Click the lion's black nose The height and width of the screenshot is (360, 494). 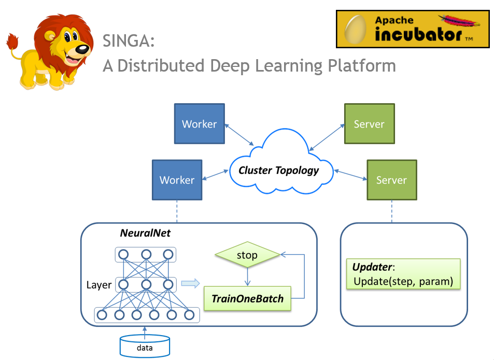pos(83,49)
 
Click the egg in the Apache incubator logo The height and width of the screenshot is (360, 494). pos(356,30)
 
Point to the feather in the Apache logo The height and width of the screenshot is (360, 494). pos(459,21)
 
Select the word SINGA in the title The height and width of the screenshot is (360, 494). pos(129,40)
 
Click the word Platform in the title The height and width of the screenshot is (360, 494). pos(362,66)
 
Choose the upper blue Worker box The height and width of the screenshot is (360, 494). pos(200,123)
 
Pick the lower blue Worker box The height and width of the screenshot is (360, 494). pos(177,179)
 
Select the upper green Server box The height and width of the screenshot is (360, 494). pos(370,123)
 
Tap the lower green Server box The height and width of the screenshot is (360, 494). pos(392,179)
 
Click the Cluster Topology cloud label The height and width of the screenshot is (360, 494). pos(278,170)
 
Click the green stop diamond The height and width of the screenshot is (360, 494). pos(247,255)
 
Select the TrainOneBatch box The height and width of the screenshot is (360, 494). pos(247,298)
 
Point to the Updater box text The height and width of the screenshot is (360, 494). pos(403,274)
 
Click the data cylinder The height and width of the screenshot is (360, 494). pos(145,346)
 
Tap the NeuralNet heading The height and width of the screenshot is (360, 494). pos(145,233)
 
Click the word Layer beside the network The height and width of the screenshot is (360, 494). pos(99,285)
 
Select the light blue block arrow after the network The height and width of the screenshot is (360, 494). pos(191,283)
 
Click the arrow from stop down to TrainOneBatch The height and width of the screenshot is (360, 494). pos(247,277)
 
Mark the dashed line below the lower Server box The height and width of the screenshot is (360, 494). pos(392,212)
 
